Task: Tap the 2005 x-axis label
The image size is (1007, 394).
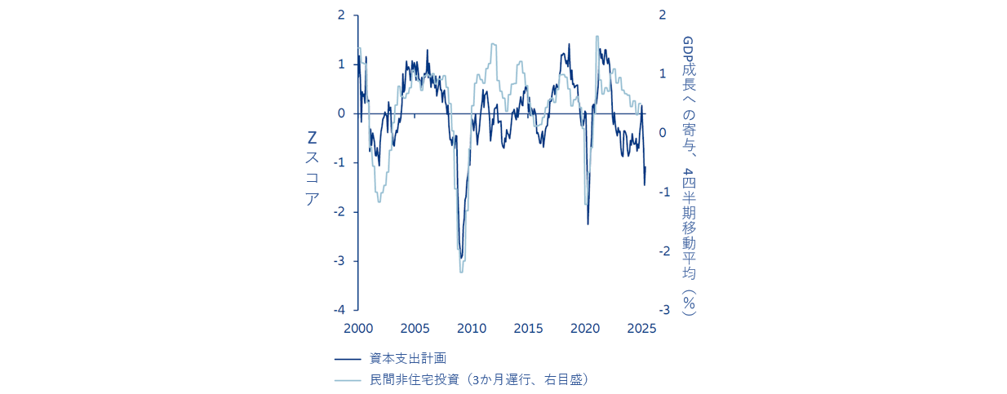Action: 415,329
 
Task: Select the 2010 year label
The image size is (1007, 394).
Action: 472,329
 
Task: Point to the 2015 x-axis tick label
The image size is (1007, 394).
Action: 529,329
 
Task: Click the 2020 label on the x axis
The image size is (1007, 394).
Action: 585,329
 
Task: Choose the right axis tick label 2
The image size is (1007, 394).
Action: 663,15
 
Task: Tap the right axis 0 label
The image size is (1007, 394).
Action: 663,133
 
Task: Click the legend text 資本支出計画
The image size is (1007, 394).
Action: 407,358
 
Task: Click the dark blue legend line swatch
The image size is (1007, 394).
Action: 348,358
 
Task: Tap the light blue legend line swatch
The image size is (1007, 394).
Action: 348,379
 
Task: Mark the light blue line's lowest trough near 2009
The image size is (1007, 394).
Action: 461,272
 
